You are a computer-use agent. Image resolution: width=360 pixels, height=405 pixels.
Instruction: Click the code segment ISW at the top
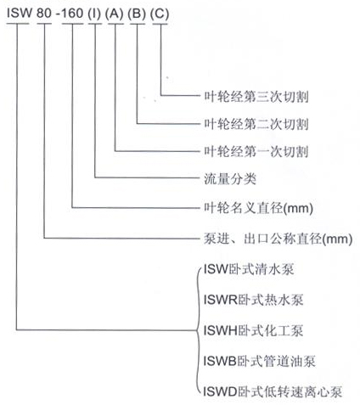pyautogui.click(x=19, y=13)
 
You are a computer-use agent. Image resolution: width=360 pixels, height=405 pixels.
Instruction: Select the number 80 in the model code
pyautogui.click(x=44, y=13)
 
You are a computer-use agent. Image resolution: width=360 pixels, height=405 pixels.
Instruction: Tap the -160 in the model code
pyautogui.click(x=70, y=13)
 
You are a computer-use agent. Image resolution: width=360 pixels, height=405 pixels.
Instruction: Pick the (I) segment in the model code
pyautogui.click(x=94, y=14)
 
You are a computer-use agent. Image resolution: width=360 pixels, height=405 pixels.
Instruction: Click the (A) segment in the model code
pyautogui.click(x=115, y=14)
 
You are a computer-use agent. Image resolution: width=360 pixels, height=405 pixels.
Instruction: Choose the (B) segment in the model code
pyautogui.click(x=137, y=14)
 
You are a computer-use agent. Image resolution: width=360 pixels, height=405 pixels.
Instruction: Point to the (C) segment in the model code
pyautogui.click(x=160, y=14)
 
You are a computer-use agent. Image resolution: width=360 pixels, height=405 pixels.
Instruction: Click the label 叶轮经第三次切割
pyautogui.click(x=256, y=97)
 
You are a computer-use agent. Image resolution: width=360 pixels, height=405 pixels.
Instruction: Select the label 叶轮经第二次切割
pyautogui.click(x=256, y=124)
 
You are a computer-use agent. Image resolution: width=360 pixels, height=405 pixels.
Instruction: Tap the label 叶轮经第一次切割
pyautogui.click(x=256, y=151)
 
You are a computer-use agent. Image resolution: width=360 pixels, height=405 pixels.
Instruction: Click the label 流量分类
pyautogui.click(x=230, y=179)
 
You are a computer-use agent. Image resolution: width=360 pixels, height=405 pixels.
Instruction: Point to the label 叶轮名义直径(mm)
pyautogui.click(x=259, y=208)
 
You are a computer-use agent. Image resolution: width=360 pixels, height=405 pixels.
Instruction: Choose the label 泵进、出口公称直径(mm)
pyautogui.click(x=278, y=239)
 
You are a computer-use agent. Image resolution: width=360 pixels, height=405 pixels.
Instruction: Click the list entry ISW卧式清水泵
pyautogui.click(x=249, y=269)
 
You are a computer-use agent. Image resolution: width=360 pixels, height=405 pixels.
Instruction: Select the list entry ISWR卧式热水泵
pyautogui.click(x=254, y=300)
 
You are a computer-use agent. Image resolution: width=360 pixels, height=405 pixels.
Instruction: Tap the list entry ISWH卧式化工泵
pyautogui.click(x=254, y=330)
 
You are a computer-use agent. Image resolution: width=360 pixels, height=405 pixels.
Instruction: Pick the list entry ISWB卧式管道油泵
pyautogui.click(x=260, y=361)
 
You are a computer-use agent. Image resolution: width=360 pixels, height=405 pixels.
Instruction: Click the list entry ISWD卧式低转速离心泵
pyautogui.click(x=273, y=392)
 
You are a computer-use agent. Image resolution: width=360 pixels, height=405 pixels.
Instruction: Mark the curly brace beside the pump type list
pyautogui.click(x=197, y=330)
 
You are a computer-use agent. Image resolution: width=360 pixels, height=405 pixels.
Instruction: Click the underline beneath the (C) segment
pyautogui.click(x=160, y=24)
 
